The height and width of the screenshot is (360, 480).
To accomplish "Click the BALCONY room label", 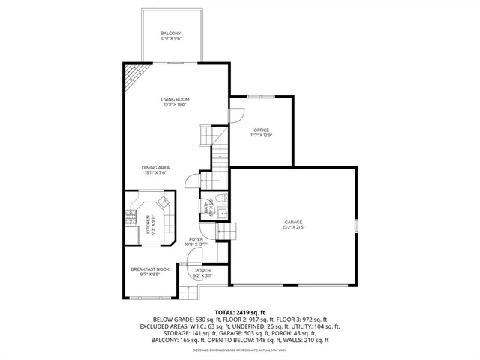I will (170, 34).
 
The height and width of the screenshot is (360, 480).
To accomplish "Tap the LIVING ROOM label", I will (174, 99).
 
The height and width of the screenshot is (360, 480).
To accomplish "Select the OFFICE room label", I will (261, 130).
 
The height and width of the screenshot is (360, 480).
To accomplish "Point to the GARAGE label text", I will (292, 222).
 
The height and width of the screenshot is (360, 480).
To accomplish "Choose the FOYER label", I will (196, 239).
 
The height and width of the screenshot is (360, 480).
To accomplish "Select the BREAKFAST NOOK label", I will (149, 269).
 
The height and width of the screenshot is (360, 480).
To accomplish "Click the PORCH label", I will (202, 271).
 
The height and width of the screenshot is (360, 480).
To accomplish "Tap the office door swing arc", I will (235, 116).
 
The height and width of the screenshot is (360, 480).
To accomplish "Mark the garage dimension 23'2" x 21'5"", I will (292, 227).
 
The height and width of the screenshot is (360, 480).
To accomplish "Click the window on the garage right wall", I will (357, 225).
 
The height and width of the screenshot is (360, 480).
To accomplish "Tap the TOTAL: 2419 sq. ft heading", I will (239, 311).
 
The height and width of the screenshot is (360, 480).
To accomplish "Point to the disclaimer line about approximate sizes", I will (239, 349).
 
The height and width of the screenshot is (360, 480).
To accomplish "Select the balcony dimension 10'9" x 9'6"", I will (170, 39).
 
